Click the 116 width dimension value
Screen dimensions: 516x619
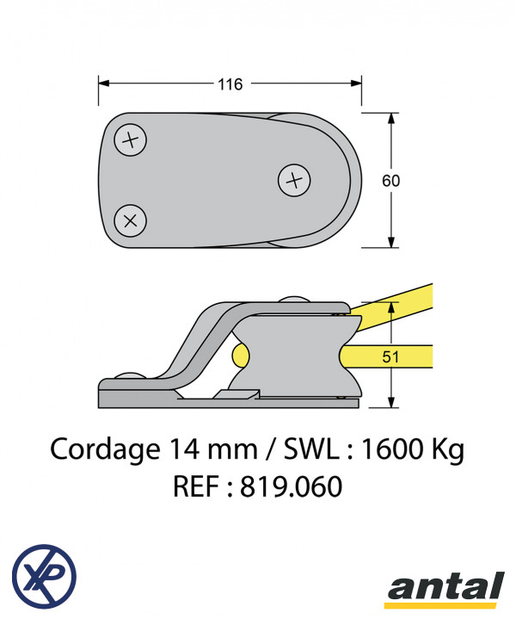(x=230, y=84)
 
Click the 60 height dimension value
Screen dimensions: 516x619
(x=391, y=181)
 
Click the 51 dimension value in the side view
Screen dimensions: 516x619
(x=390, y=356)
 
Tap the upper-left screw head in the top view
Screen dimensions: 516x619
(x=130, y=139)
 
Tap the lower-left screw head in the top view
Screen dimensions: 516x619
(x=130, y=220)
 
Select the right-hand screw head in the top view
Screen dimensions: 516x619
(x=294, y=181)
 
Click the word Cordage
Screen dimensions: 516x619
(x=105, y=450)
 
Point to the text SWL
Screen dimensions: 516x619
(x=311, y=449)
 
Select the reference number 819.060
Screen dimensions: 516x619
(x=291, y=486)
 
